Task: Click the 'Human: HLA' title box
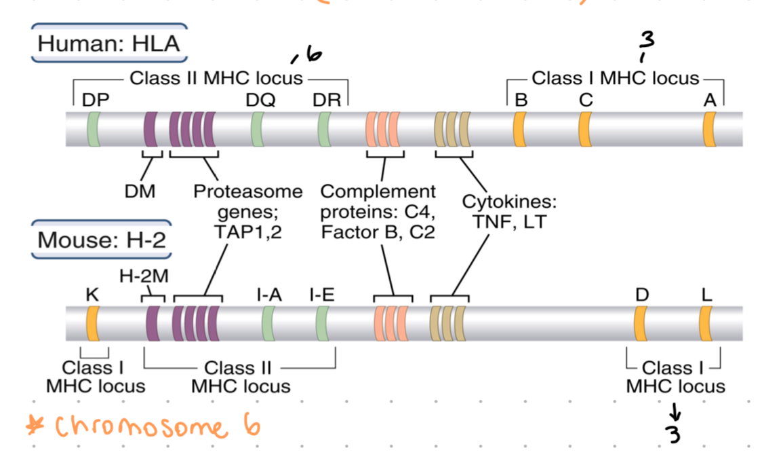click(109, 43)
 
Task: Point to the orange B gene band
click(519, 128)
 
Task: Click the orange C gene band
click(584, 128)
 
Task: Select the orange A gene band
click(709, 128)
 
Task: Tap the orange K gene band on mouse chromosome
click(92, 323)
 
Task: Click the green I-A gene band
click(268, 323)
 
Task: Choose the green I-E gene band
click(323, 323)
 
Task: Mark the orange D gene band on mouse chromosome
click(639, 323)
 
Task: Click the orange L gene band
click(705, 323)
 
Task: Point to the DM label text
click(140, 191)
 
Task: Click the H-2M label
click(144, 276)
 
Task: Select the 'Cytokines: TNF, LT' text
click(509, 212)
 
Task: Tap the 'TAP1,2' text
click(247, 232)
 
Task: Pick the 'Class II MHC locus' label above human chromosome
click(216, 78)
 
